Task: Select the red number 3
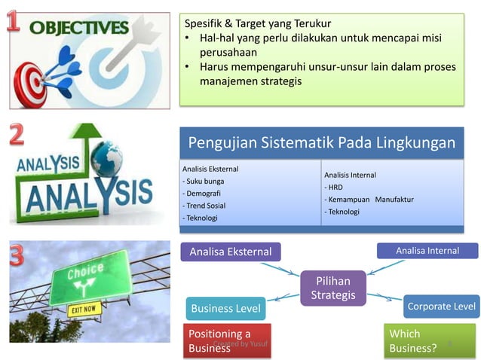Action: coord(17,255)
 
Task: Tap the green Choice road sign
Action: coord(90,276)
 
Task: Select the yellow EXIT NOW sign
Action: coord(84,310)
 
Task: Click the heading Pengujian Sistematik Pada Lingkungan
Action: coord(321,143)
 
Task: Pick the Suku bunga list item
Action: coord(204,182)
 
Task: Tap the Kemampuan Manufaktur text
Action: coord(369,200)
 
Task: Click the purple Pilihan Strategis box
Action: coord(332,288)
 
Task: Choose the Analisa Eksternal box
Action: coord(230,252)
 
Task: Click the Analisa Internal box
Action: coord(427,251)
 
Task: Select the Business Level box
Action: coord(225,308)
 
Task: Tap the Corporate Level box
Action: coord(441,307)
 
